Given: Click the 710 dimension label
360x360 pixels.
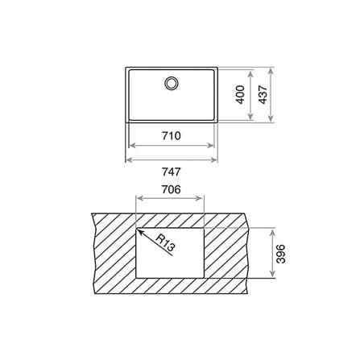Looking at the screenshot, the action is [x=172, y=136].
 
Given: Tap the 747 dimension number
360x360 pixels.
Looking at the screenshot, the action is [x=172, y=172].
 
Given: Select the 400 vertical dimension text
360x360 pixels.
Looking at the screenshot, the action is [x=240, y=94].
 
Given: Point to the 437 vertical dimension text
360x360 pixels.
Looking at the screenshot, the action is [x=263, y=94].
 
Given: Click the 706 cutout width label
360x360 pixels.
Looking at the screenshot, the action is [x=171, y=190].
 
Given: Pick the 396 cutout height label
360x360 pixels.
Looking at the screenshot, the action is [x=281, y=254].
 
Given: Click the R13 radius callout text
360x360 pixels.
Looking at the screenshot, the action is [x=165, y=243].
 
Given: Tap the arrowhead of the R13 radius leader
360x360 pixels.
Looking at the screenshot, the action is [x=140, y=231].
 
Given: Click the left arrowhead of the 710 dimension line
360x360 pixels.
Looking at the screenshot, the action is [x=132, y=146].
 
